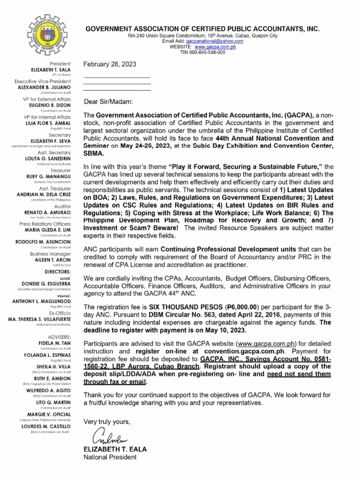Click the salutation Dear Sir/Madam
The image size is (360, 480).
pos(108,102)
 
